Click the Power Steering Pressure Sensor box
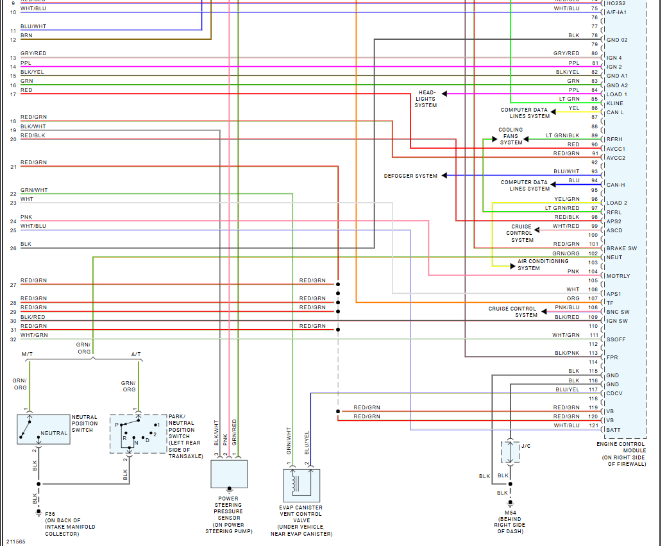coord(229,473)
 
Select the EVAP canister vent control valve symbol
coord(301,485)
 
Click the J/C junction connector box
coord(510,452)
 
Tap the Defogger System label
coord(410,176)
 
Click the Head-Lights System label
coord(426,99)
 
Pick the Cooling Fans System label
coord(511,136)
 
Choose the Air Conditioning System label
coord(543,264)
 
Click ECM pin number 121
coord(593,425)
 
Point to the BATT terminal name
coord(613,430)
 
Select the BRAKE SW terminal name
coord(621,248)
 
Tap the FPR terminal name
coord(612,357)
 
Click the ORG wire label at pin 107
coord(572,298)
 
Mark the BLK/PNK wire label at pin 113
coord(567,353)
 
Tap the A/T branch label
coord(136,354)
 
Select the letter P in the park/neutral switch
coord(117,425)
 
